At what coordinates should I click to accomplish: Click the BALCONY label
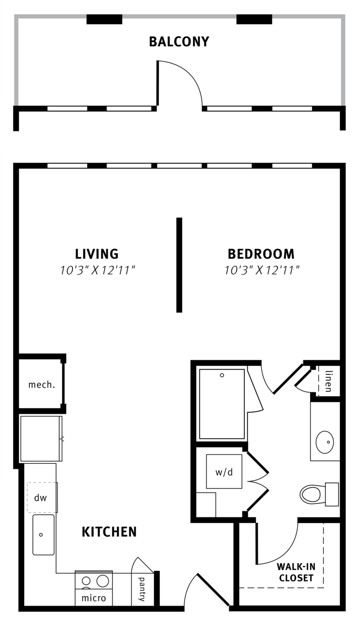tap(179, 41)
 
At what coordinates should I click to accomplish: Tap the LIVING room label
tap(97, 254)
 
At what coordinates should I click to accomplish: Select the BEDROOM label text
tap(261, 254)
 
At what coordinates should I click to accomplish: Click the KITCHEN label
tap(109, 532)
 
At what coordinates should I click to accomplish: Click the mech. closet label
tap(42, 384)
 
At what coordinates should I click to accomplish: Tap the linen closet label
tap(328, 382)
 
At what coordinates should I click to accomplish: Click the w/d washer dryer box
tap(224, 471)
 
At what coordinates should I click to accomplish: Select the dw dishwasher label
tap(40, 498)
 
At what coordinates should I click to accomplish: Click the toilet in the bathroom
tap(319, 494)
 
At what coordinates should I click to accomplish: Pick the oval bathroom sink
tap(325, 442)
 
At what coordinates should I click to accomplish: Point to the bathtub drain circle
tap(222, 376)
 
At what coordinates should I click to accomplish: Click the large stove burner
tap(103, 581)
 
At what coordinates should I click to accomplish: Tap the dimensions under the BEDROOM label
tap(262, 270)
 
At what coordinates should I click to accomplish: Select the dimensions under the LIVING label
tap(98, 270)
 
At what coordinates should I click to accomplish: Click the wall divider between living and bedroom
tap(179, 265)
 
